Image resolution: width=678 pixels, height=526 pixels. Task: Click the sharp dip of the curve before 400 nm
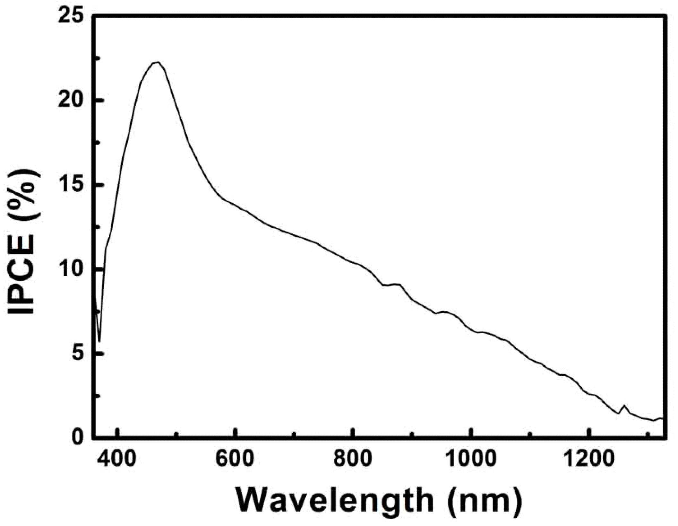[x=100, y=341]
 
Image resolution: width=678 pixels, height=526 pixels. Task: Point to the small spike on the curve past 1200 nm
[x=624, y=406]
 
